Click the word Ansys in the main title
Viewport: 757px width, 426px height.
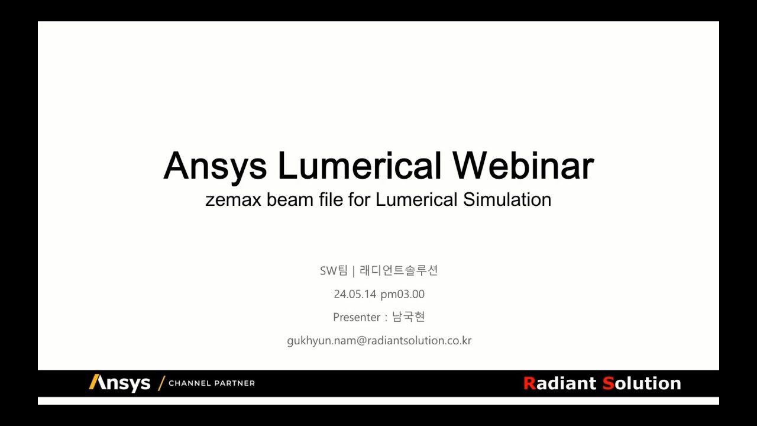(x=215, y=166)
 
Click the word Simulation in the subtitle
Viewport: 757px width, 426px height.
(x=507, y=199)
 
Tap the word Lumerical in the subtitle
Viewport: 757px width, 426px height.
(x=416, y=199)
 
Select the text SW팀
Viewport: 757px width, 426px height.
(x=334, y=271)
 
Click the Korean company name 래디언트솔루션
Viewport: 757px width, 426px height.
(x=399, y=271)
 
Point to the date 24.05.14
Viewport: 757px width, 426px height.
(x=355, y=294)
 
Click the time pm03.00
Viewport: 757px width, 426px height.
(x=402, y=294)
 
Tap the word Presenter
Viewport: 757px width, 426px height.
(x=357, y=317)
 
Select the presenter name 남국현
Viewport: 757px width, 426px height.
(x=409, y=317)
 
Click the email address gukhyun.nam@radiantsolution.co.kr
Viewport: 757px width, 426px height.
(x=379, y=341)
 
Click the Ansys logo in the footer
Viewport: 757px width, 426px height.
(x=119, y=383)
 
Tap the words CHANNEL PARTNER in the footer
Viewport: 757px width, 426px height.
(x=212, y=383)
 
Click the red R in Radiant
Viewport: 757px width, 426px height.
(x=529, y=383)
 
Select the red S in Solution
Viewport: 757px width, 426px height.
(x=608, y=383)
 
